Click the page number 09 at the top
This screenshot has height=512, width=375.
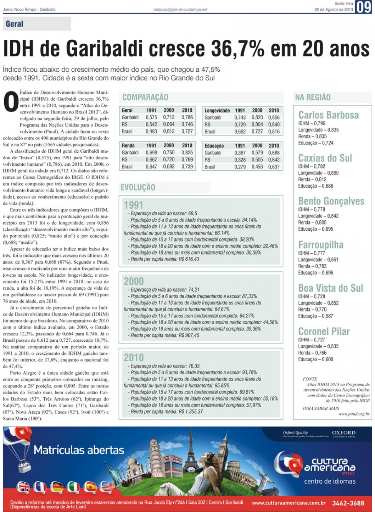coord(364,7)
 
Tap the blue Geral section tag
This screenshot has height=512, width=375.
coord(15,24)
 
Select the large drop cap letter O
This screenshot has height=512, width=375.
coord(11,101)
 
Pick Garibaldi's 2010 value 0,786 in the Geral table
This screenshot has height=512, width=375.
coord(187,117)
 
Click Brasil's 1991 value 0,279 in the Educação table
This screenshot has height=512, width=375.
coord(240,167)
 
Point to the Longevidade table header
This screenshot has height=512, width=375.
coord(217,110)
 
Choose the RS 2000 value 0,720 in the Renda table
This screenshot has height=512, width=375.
coord(169,160)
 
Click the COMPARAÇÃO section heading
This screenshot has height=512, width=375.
coord(145,97)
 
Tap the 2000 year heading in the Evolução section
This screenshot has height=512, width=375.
coord(134,281)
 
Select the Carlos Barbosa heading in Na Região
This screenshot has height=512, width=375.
coord(328,115)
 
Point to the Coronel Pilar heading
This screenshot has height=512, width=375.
coord(324,331)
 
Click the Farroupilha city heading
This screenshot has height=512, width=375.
coord(321,245)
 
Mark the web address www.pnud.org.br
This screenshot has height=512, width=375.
coord(354,414)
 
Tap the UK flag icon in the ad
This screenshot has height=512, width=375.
coord(24,487)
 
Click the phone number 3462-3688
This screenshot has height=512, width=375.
coord(348,503)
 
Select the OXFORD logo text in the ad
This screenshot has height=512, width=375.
coord(343,433)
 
